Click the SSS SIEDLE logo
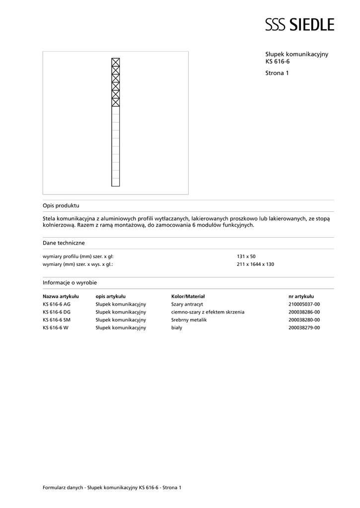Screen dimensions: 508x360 299,24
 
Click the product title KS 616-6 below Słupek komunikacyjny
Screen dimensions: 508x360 278,62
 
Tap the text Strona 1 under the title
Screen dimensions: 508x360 277,73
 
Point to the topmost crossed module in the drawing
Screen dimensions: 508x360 116,62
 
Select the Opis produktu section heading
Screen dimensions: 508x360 61,205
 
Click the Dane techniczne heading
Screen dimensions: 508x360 64,243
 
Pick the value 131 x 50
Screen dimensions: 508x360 246,256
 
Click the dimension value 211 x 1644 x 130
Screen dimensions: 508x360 255,264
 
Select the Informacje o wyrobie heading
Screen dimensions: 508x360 70,282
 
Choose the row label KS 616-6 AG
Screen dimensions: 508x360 57,304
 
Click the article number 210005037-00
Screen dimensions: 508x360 304,304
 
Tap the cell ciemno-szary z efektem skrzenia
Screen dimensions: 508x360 208,312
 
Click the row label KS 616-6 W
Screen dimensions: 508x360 55,328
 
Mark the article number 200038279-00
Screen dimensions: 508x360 304,328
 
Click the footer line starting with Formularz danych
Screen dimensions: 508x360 112,488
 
